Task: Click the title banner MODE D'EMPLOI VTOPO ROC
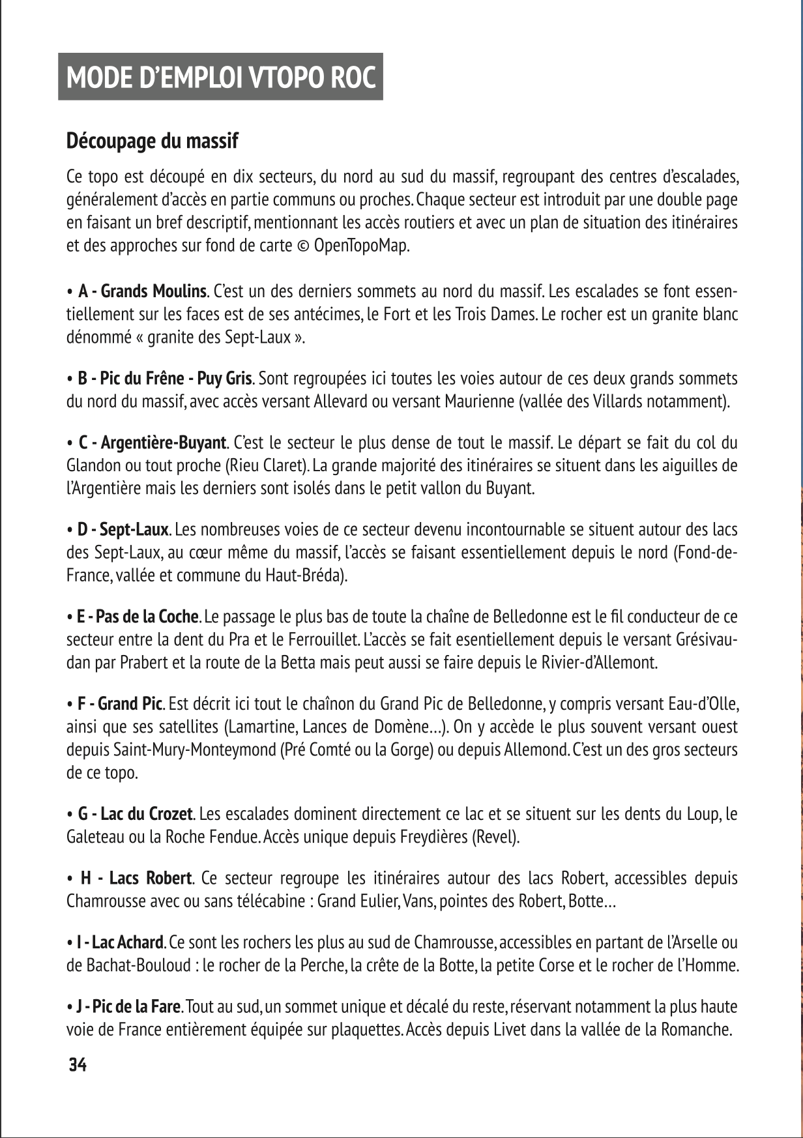(221, 78)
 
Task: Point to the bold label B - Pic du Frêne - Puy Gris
(165, 379)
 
